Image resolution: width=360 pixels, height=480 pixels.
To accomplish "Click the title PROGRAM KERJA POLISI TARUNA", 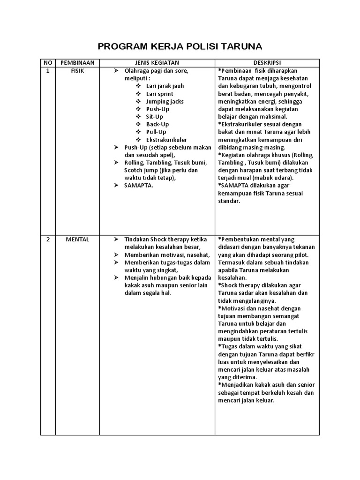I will point(180,46).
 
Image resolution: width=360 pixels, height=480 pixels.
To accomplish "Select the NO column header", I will point(47,63).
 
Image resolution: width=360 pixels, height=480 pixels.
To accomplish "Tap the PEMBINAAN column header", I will point(77,63).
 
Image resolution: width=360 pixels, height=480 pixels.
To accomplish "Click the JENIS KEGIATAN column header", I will point(157,63).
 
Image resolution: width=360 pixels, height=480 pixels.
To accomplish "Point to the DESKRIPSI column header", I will point(267,63).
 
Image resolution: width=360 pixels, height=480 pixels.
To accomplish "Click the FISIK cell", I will point(77,71).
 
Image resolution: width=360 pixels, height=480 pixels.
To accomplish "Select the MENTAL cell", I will point(77,240).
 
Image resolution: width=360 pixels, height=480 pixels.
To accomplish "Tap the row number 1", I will point(47,71).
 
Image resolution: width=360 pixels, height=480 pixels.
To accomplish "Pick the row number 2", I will point(47,240).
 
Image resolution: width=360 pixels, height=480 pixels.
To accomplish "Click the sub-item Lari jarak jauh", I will point(165,86).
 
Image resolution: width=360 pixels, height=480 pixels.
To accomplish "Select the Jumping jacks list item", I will point(165,102).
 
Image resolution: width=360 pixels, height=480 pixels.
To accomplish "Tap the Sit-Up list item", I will point(154,117).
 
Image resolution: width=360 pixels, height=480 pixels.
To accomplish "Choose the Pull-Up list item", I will point(156,132).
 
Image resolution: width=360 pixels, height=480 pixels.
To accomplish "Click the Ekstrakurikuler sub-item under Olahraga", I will point(166,140).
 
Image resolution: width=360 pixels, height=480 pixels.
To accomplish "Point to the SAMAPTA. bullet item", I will point(139,186).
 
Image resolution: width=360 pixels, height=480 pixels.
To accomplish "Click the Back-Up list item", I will point(157,125).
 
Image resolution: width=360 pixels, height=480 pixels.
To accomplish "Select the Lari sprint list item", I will point(159,94).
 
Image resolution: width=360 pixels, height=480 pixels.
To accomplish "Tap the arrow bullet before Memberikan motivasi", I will point(116,255).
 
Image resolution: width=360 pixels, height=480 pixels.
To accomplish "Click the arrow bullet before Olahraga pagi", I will point(116,71).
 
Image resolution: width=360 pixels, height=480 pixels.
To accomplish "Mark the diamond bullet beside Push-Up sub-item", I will point(138,109).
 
